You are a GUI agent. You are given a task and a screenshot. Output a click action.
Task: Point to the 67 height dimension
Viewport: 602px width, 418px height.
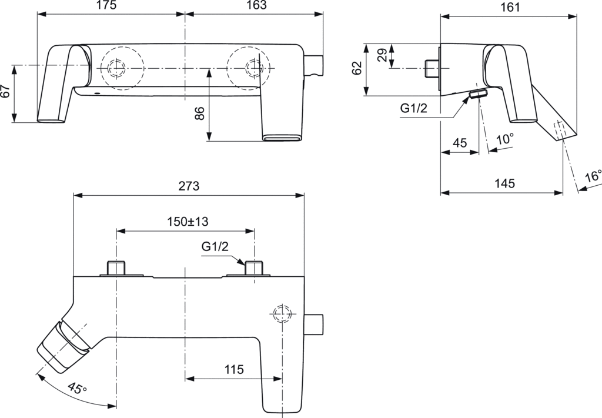[6, 91]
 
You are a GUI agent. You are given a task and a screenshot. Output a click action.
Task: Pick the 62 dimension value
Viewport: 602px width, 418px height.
[357, 68]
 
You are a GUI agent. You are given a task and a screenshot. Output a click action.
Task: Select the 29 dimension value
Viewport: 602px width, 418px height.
[382, 56]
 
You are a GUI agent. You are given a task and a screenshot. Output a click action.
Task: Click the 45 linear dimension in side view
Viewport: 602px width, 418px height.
[460, 143]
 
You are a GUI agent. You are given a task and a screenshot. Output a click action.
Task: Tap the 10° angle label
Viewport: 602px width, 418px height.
[504, 139]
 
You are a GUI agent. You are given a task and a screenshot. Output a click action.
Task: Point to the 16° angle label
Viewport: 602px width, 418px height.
[593, 176]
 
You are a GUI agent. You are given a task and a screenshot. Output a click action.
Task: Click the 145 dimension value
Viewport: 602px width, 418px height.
[504, 183]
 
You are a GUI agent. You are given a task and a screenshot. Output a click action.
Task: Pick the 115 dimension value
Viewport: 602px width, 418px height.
[234, 370]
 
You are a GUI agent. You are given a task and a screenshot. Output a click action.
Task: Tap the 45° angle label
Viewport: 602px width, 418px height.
[76, 389]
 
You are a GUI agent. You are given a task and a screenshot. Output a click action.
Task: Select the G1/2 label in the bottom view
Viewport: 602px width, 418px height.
[215, 247]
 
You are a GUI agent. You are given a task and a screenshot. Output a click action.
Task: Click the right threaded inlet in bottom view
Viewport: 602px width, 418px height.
[254, 267]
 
